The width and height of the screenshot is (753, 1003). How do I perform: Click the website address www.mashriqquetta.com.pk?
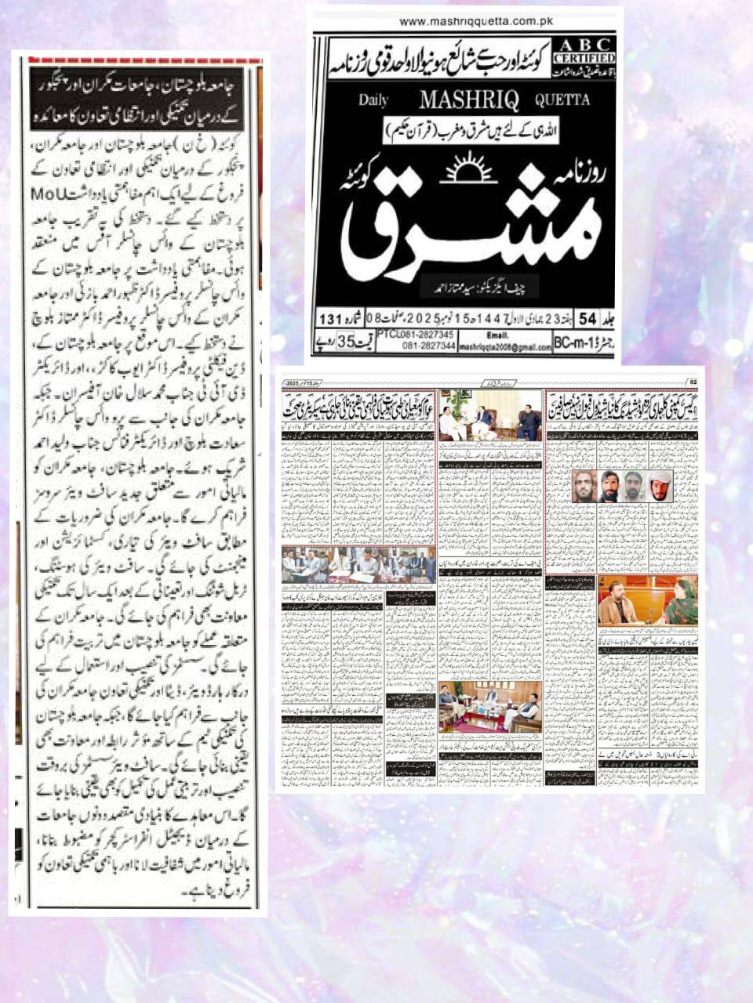(464, 22)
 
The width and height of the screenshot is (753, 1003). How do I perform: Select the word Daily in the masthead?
(374, 100)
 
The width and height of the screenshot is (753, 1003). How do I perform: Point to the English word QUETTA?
(562, 100)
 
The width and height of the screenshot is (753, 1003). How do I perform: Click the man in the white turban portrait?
(658, 487)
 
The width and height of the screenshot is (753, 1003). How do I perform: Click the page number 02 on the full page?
(692, 382)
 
